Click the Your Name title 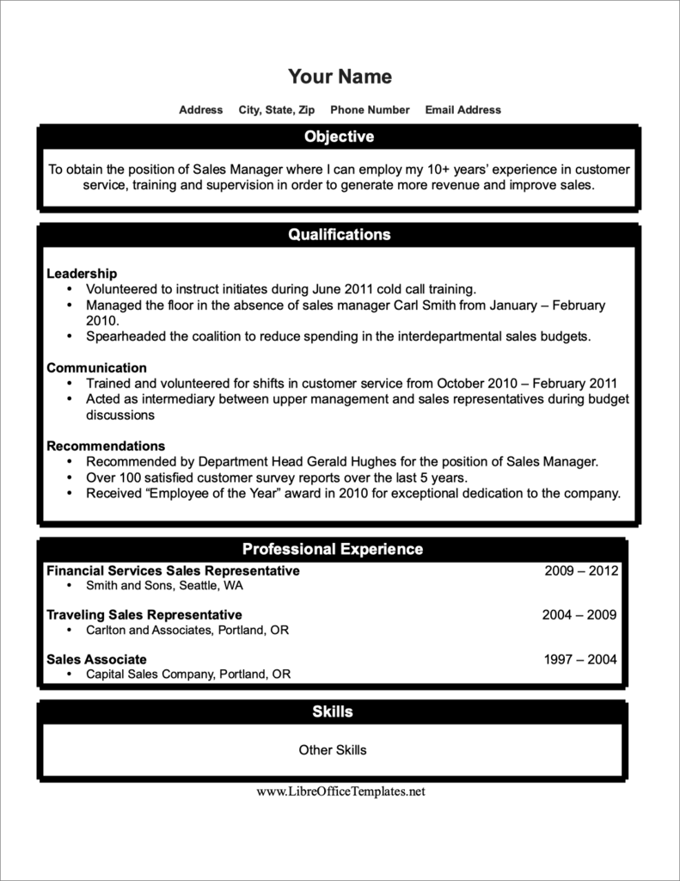[x=340, y=77]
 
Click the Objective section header [x=340, y=137]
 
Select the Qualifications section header [x=340, y=235]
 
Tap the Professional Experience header [x=333, y=549]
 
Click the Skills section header [x=333, y=712]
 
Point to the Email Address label [x=463, y=110]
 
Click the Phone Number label [x=370, y=110]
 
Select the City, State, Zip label [x=277, y=110]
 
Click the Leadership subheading [x=82, y=274]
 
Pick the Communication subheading [x=96, y=368]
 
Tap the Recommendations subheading [x=106, y=447]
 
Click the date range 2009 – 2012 [x=581, y=570]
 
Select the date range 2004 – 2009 [x=579, y=615]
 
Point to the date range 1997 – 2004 [x=581, y=660]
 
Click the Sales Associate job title [x=96, y=660]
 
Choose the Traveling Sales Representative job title [x=144, y=615]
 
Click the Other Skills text [x=333, y=750]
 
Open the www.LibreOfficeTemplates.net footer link [x=340, y=792]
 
